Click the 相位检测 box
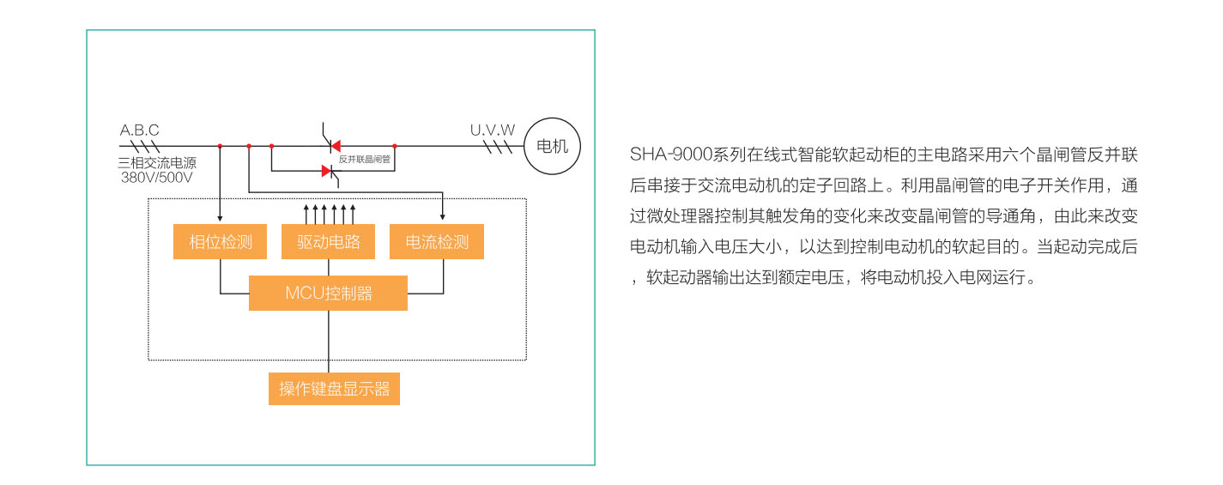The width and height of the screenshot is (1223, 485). tap(221, 242)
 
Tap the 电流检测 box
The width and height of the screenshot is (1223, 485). tap(437, 242)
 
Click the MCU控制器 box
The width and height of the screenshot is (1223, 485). tap(328, 294)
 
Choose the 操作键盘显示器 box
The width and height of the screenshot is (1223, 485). tap(334, 389)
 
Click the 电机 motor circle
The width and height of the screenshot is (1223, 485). tap(552, 146)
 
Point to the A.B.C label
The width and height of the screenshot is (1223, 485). tap(139, 130)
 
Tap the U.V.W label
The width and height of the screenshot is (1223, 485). tap(493, 130)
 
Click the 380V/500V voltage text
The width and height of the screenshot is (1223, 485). tap(157, 178)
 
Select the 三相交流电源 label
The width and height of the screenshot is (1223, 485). tap(157, 163)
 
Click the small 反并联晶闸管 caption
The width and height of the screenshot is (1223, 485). tap(365, 159)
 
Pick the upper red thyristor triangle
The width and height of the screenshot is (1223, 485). tap(336, 145)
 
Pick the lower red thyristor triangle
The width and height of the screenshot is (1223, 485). tap(327, 171)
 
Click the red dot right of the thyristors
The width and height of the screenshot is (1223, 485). tap(395, 146)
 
